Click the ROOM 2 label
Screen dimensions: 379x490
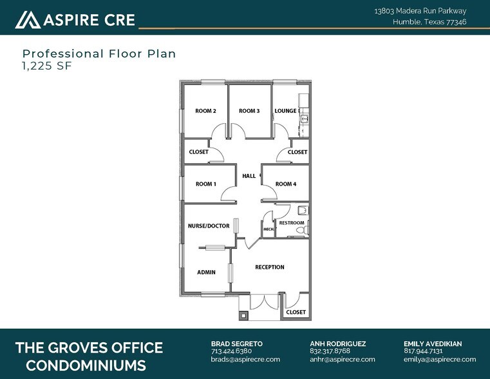[205, 111]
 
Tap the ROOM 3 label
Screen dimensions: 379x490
[249, 111]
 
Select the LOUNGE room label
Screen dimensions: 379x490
[285, 111]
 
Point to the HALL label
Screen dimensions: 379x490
[249, 176]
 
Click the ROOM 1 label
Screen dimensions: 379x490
[205, 184]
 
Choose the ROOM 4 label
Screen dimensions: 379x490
[286, 184]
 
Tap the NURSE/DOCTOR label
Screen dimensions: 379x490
[209, 226]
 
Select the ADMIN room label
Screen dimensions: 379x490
[206, 272]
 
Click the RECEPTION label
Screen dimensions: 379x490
[269, 267]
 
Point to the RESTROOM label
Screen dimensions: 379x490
[292, 223]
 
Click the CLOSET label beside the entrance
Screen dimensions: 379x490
[296, 312]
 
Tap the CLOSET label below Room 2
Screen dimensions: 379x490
[198, 152]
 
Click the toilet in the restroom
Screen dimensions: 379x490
[306, 229]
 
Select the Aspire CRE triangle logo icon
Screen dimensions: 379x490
[28, 19]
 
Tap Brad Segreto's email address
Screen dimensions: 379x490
[245, 359]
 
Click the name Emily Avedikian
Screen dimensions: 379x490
[433, 344]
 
